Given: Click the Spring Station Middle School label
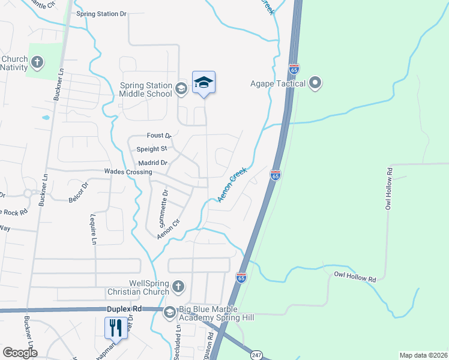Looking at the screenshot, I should [x=146, y=89].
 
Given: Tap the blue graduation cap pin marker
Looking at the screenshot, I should [x=203, y=83].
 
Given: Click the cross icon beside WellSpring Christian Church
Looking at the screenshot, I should [x=178, y=287].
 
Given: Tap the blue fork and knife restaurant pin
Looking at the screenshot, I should [x=115, y=328].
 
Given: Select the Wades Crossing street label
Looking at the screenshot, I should [x=128, y=172].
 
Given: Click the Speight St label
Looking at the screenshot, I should [x=151, y=149].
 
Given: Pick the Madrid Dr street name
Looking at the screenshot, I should [x=152, y=162].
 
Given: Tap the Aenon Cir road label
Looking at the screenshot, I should [x=169, y=229].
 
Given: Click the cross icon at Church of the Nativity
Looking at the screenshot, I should [x=37, y=62].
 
